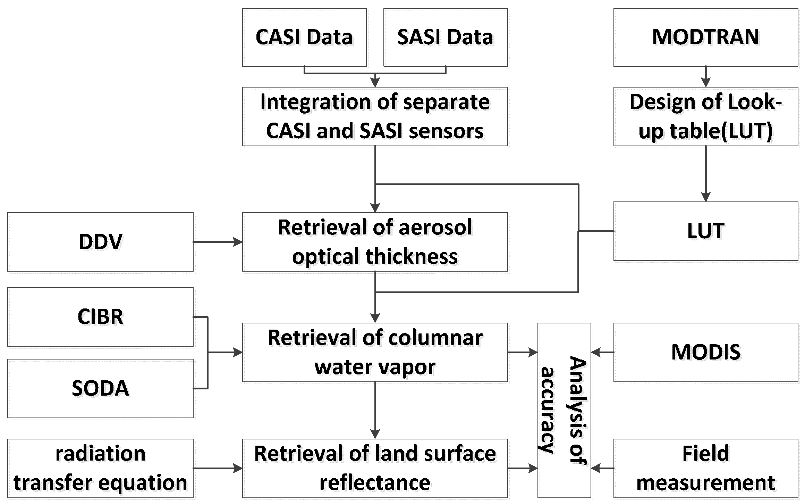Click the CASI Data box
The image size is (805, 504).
pos(304,37)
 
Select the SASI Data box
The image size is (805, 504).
pos(445,37)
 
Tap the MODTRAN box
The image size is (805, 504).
pos(705,37)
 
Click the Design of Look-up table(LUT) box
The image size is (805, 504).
pos(705,116)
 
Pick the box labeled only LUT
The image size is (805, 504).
pos(705,231)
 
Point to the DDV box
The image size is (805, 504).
pos(100,242)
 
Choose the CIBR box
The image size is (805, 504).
pos(100,317)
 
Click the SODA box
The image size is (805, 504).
pos(100,388)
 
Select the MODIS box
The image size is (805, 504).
pos(705,352)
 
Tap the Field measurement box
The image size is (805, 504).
pos(705,468)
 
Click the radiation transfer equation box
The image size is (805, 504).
pos(100,468)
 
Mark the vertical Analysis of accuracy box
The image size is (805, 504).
pos(564,410)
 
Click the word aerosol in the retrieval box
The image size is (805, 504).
pos(435,228)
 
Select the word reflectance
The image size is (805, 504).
pos(375,483)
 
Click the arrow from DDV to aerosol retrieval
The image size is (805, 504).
pos(218,242)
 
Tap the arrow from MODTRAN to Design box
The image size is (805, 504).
pos(705,76)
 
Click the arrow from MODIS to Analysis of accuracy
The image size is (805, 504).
pos(602,353)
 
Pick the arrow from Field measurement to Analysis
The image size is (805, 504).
pos(602,469)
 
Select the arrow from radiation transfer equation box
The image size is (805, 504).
pos(218,469)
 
